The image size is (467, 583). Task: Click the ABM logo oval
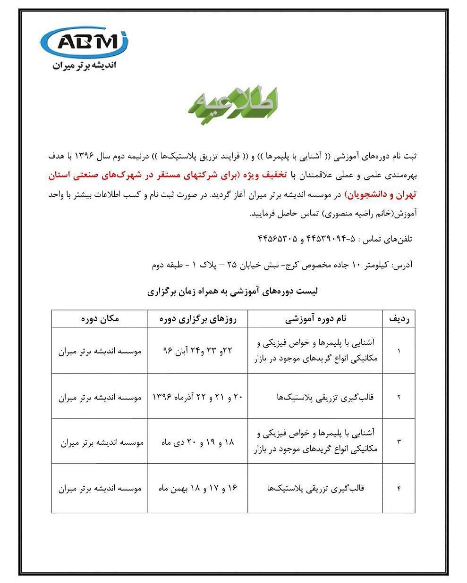click(x=85, y=42)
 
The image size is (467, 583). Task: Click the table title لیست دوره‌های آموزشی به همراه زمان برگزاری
click(x=233, y=291)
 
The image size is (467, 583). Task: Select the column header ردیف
click(x=399, y=319)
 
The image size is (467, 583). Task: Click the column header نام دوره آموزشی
click(x=315, y=319)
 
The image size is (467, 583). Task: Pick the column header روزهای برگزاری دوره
click(x=197, y=319)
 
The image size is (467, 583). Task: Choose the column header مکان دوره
click(x=100, y=319)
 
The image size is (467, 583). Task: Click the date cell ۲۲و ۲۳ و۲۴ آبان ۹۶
click(x=197, y=351)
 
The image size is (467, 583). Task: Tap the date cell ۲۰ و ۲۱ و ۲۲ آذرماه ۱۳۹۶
click(x=197, y=397)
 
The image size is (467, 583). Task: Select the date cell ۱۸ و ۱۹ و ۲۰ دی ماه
click(x=197, y=442)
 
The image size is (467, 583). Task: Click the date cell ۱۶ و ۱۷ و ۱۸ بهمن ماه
click(x=197, y=488)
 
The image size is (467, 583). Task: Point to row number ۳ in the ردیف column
click(x=399, y=442)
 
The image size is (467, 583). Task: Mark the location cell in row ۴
click(x=100, y=488)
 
